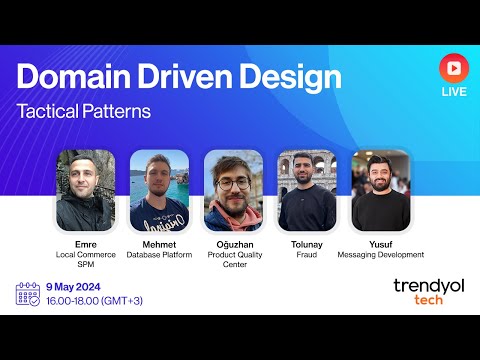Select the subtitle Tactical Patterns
[83, 111]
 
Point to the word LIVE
[453, 92]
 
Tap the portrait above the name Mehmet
[158, 189]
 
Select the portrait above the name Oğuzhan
[232, 189]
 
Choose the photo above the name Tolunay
[306, 189]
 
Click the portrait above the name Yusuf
[380, 189]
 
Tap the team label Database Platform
[158, 255]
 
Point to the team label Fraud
[306, 255]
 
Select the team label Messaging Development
[380, 255]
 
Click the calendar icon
[28, 293]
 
